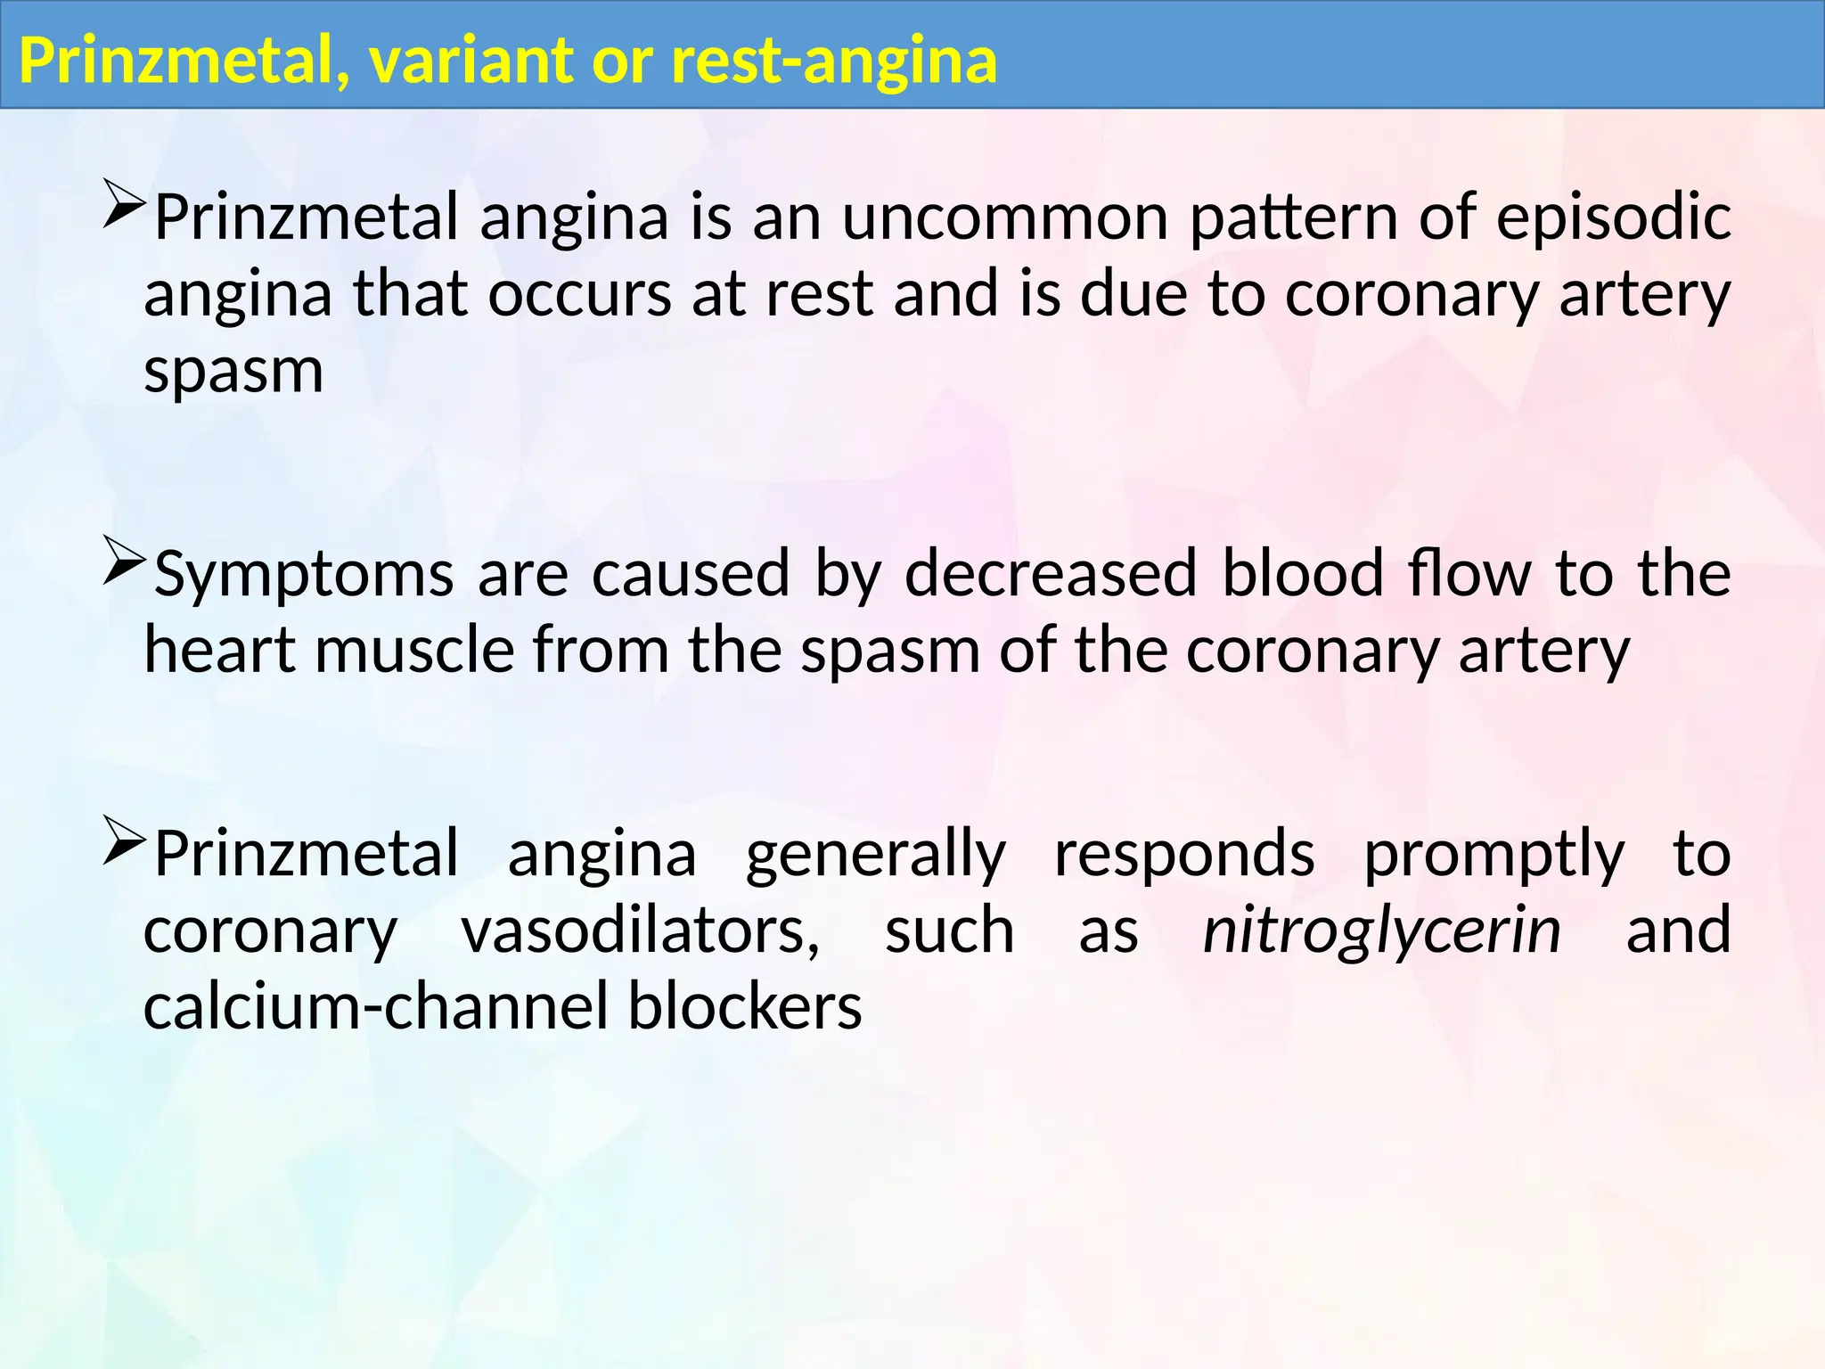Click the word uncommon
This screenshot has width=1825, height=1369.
[x=1005, y=217]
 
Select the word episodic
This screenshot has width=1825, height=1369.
[x=1613, y=217]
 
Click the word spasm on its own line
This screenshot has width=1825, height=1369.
[x=233, y=371]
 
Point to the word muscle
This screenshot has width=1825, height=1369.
[x=414, y=651]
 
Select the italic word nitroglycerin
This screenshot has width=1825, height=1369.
[x=1381, y=931]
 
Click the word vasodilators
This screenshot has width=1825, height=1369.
[x=640, y=931]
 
